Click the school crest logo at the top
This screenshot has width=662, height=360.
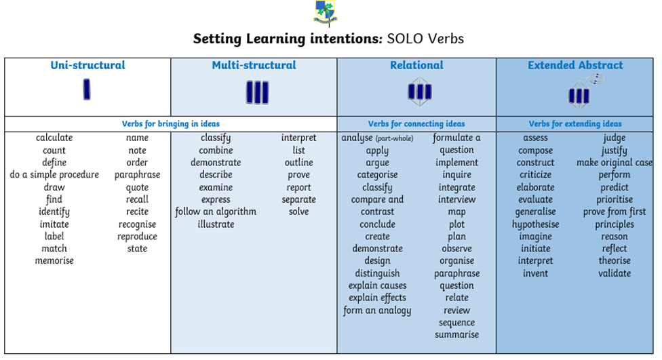pos(326,12)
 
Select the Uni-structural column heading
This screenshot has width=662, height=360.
pos(87,65)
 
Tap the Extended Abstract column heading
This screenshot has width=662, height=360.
pos(575,65)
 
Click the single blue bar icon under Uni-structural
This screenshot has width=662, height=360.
pos(87,89)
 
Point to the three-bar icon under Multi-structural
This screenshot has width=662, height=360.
pos(257,92)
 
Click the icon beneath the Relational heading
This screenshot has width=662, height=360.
pos(419,91)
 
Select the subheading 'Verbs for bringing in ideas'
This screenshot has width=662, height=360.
pos(170,124)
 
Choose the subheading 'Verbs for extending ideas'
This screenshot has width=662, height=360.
pos(575,124)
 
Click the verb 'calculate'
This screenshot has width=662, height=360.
pos(54,138)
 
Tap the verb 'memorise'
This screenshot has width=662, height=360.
pos(54,261)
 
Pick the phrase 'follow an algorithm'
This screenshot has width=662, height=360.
pos(216,212)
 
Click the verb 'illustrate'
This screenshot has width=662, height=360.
pos(216,224)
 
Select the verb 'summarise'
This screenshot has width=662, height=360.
pos(456,335)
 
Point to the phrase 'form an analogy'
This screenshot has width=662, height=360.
pos(377,311)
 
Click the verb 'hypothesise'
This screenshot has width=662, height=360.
pos(535,224)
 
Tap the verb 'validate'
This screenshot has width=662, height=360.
pos(615,273)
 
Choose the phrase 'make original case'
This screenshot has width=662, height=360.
pos(615,163)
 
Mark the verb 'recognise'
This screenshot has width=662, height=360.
pos(137,224)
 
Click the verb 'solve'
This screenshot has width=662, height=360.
pos(298,212)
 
